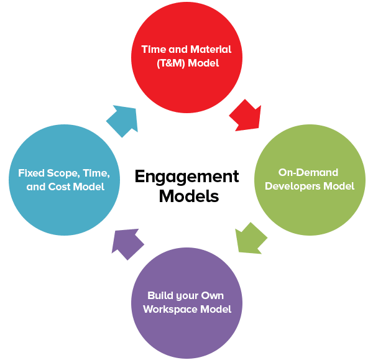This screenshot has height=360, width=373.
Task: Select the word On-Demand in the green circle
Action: click(308, 172)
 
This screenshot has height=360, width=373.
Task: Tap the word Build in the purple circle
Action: click(159, 295)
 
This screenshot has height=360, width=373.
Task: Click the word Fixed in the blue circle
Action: click(31, 173)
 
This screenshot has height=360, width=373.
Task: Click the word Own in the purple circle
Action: click(214, 295)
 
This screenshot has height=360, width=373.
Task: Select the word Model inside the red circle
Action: click(206, 63)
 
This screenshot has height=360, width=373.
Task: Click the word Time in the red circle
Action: click(152, 48)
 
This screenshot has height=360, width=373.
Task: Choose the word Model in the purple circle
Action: click(218, 309)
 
